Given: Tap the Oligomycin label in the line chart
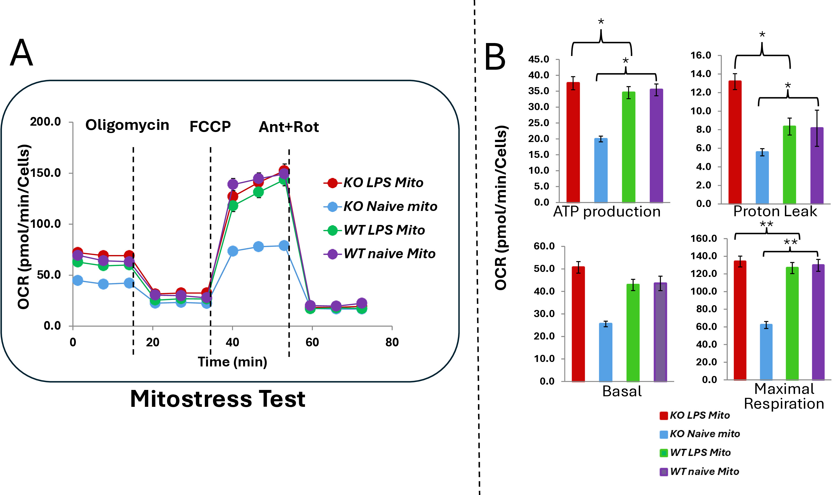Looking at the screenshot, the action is [127, 125].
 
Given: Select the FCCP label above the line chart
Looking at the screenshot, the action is [210, 126].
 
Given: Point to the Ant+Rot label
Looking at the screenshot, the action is [289, 127].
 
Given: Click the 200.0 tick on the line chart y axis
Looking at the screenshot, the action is [45, 122].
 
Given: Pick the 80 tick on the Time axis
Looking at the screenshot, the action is [392, 342].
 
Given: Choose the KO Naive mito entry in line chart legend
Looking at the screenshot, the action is [380, 206].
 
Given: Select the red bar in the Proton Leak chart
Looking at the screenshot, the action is [735, 142].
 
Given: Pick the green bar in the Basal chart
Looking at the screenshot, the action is [633, 333].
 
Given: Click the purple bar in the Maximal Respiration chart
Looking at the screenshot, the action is [818, 322].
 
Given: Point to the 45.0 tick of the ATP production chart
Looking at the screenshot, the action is [539, 59].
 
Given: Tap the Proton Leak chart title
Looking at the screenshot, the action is [775, 211].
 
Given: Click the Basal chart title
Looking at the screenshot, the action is [622, 391].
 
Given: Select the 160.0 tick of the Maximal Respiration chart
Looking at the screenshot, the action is [704, 238].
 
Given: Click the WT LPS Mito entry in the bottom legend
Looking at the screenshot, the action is [696, 453].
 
